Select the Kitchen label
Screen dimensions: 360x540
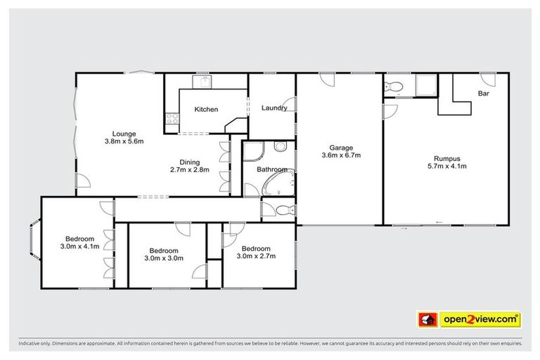coord(206,110)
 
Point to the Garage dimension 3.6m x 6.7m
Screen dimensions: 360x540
coord(341,155)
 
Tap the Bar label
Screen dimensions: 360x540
coord(484,94)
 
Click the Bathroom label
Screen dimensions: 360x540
coord(272,169)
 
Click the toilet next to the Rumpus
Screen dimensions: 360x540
coord(394,87)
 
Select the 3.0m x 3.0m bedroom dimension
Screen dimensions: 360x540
coord(163,259)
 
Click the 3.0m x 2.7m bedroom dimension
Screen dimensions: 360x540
coord(255,257)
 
